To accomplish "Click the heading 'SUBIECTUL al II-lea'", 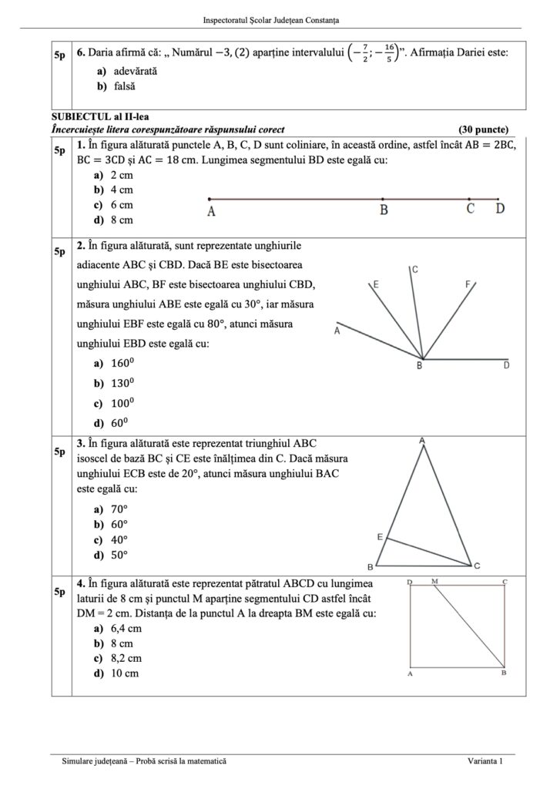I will pyautogui.click(x=92, y=116).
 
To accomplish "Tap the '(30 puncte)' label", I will pyautogui.click(x=483, y=129).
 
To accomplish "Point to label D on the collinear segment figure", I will pyautogui.click(x=500, y=209).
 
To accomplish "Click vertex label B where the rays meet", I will pyautogui.click(x=420, y=366).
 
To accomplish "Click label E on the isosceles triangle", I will pyautogui.click(x=380, y=536).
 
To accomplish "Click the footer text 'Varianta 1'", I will pyautogui.click(x=485, y=761).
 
